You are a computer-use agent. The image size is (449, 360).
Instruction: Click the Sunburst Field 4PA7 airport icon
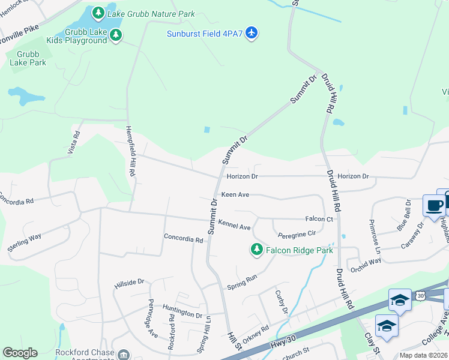(252, 32)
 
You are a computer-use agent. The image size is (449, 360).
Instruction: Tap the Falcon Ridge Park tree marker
(257, 250)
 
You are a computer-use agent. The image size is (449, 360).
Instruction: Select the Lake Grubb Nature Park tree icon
(97, 12)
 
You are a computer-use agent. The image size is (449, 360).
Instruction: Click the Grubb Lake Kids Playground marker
(116, 36)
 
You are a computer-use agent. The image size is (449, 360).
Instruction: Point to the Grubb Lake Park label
(29, 57)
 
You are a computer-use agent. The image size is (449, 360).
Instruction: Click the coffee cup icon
(433, 205)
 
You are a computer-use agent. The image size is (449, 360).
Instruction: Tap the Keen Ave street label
(235, 195)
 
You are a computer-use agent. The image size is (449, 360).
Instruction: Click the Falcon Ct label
(319, 220)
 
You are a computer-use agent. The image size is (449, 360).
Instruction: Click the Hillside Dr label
(129, 281)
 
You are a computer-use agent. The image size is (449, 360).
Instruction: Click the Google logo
(20, 353)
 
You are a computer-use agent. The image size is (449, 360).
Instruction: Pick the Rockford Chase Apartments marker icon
(124, 355)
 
